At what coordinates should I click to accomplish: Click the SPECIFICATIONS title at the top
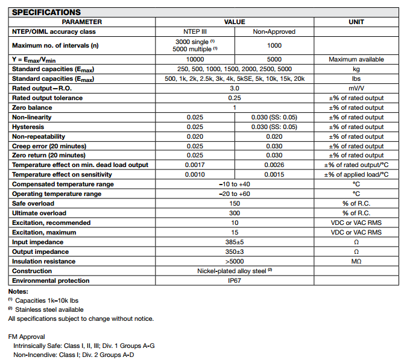[x=46, y=12]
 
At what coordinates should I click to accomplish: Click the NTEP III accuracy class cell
[x=195, y=31]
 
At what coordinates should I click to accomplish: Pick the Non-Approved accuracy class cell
[x=274, y=31]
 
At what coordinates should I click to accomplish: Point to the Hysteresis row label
[x=28, y=127]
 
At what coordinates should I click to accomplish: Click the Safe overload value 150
[x=235, y=204]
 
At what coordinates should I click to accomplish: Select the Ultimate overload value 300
[x=235, y=213]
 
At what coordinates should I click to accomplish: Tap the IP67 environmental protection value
[x=235, y=281]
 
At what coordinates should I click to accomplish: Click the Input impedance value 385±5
[x=235, y=242]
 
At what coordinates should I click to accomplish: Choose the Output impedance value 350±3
[x=235, y=252]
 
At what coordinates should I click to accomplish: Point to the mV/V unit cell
[x=356, y=88]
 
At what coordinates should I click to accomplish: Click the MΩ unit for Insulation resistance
[x=356, y=262]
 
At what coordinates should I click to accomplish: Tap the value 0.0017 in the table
[x=195, y=165]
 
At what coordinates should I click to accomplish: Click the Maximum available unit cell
[x=356, y=60]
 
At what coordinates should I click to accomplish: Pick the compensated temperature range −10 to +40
[x=235, y=185]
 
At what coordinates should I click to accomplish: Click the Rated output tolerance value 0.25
[x=235, y=98]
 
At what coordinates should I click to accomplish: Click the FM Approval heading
[x=27, y=336]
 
